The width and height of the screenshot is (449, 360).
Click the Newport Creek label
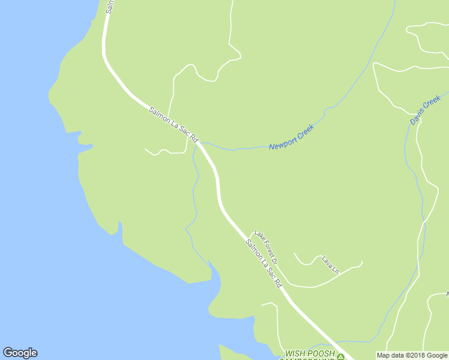click(x=291, y=137)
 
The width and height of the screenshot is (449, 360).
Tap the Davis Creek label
click(x=425, y=110)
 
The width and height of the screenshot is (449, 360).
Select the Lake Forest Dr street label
click(x=265, y=248)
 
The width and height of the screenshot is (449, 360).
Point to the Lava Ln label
click(x=330, y=265)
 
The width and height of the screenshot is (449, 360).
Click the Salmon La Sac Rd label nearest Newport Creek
click(x=173, y=124)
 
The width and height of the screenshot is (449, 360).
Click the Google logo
click(x=20, y=353)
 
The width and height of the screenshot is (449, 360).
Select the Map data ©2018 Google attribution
click(x=412, y=355)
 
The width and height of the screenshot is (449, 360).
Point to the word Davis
click(x=418, y=116)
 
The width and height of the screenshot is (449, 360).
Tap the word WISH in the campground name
click(x=295, y=354)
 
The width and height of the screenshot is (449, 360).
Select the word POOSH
click(x=321, y=354)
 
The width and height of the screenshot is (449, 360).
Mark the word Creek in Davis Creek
click(x=432, y=103)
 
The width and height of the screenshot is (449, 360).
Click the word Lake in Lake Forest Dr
click(x=258, y=235)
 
